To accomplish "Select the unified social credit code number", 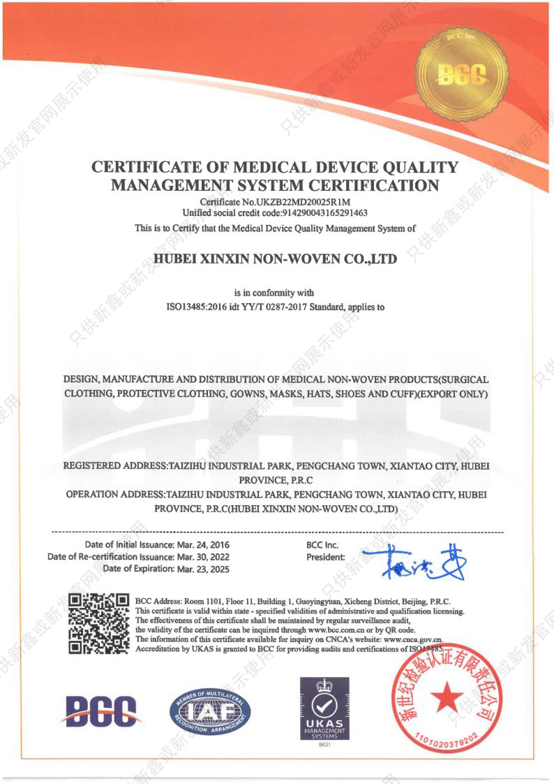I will tap(324, 212).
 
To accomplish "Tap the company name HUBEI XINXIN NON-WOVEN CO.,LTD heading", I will tap(276, 259).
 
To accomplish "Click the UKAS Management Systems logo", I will tap(324, 709).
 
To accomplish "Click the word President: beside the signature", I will tap(326, 557).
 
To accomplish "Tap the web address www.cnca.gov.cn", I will tap(413, 639).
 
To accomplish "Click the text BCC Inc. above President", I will tap(322, 544).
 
